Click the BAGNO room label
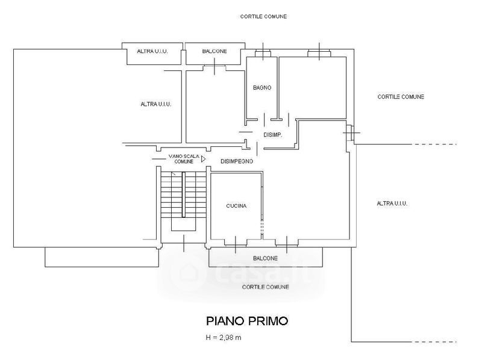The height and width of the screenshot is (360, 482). [262, 88]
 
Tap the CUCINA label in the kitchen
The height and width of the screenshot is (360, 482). [237, 206]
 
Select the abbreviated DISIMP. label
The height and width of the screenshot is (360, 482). [273, 134]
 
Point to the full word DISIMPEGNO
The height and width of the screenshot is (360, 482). [237, 161]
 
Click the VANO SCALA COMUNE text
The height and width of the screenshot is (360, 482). [181, 159]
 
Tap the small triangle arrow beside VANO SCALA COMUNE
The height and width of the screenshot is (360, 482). [204, 158]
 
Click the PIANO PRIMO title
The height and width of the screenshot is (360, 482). [247, 320]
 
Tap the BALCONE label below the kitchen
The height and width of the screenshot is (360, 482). [265, 258]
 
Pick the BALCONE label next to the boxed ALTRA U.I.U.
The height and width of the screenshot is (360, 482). [214, 52]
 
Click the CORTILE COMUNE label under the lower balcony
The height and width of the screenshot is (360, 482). [265, 287]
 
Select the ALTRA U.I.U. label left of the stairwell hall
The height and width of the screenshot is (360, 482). [156, 104]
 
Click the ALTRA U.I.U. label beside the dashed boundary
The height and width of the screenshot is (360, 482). [392, 203]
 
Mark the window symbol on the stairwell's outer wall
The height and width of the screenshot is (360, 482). [183, 242]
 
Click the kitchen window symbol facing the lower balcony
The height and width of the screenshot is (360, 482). [235, 242]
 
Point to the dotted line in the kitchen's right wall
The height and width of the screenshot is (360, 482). [261, 228]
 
